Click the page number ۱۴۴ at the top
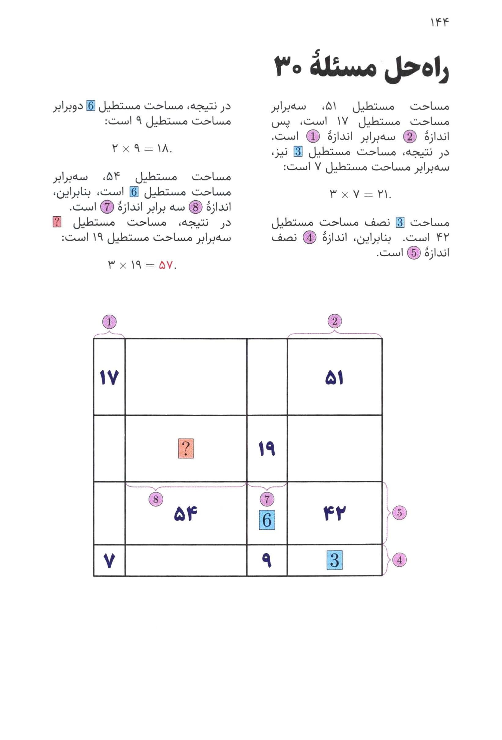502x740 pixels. pyautogui.click(x=439, y=23)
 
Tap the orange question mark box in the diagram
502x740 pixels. pyautogui.click(x=186, y=449)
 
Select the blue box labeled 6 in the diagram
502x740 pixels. pyautogui.click(x=267, y=520)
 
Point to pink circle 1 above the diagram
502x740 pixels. pyautogui.click(x=109, y=322)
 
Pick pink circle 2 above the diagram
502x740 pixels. pyautogui.click(x=334, y=321)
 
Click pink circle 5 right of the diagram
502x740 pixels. pyautogui.click(x=399, y=513)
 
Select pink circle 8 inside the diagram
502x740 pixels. pyautogui.click(x=156, y=499)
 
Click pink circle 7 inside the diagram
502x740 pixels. pyautogui.click(x=267, y=499)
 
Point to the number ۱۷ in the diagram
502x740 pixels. pyautogui.click(x=109, y=378)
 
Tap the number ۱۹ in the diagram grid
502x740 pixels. pyautogui.click(x=267, y=449)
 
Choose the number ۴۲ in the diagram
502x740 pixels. pyautogui.click(x=334, y=513)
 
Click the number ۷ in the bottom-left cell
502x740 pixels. pyautogui.click(x=109, y=561)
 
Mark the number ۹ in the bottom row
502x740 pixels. pyautogui.click(x=267, y=561)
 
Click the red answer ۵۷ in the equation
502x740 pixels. pyautogui.click(x=165, y=265)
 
